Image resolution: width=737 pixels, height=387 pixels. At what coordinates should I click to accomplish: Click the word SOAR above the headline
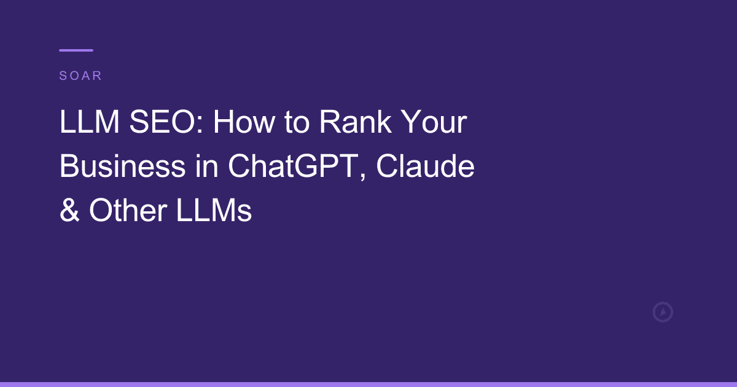[80, 76]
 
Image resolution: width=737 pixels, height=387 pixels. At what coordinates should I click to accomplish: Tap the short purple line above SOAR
[76, 50]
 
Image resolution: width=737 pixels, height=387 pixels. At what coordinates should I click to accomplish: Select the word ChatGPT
[294, 166]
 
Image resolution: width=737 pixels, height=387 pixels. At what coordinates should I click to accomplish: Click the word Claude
[425, 166]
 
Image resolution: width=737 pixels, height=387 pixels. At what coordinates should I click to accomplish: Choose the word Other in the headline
[128, 211]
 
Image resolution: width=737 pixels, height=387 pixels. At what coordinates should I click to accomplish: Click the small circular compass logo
[663, 312]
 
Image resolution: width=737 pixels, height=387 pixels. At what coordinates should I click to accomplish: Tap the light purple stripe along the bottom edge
[368, 384]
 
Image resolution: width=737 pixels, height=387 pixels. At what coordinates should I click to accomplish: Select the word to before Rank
[296, 123]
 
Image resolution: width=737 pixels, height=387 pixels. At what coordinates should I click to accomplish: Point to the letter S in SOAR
[63, 76]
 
